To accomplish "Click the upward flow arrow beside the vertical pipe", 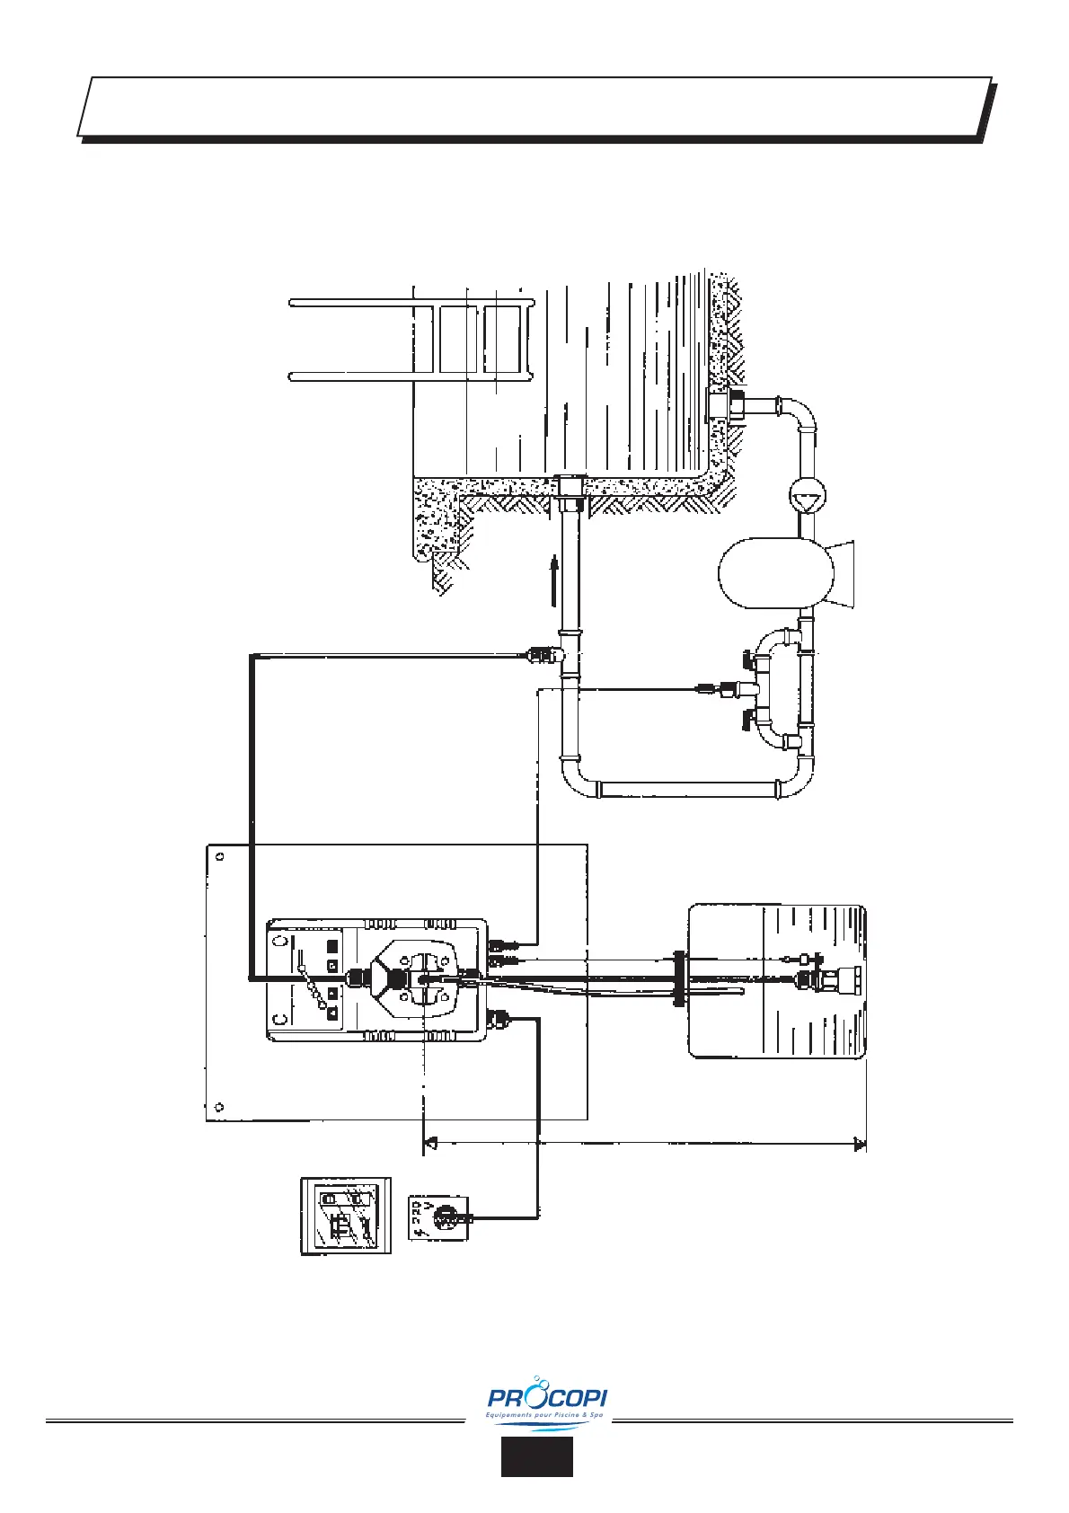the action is click(x=554, y=580).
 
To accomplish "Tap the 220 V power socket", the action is click(x=440, y=1217).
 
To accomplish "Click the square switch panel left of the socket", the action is click(x=346, y=1216).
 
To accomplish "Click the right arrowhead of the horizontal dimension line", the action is click(x=859, y=1145).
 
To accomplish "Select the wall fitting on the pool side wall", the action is click(x=721, y=406).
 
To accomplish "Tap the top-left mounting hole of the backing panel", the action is click(x=221, y=855).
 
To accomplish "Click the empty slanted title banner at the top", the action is click(x=535, y=106).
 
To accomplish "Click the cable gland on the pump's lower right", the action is click(x=497, y=1018).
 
